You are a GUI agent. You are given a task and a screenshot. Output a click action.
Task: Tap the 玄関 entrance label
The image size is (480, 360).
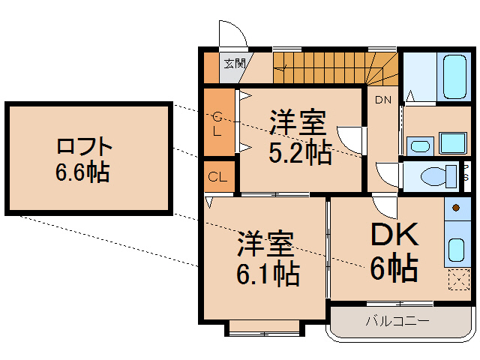coord(234,63)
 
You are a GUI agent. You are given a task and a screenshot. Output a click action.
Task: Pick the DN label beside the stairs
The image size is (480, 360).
coord(382,100)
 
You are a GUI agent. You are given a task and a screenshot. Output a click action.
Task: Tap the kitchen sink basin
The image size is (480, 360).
coord(456,248)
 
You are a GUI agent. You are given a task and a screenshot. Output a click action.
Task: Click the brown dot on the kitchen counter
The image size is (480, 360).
coord(456,206)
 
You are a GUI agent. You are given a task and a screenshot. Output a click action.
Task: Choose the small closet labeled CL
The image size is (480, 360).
coord(218,178)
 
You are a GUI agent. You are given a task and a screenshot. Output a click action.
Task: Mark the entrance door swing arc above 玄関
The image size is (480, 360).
coord(231,34)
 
